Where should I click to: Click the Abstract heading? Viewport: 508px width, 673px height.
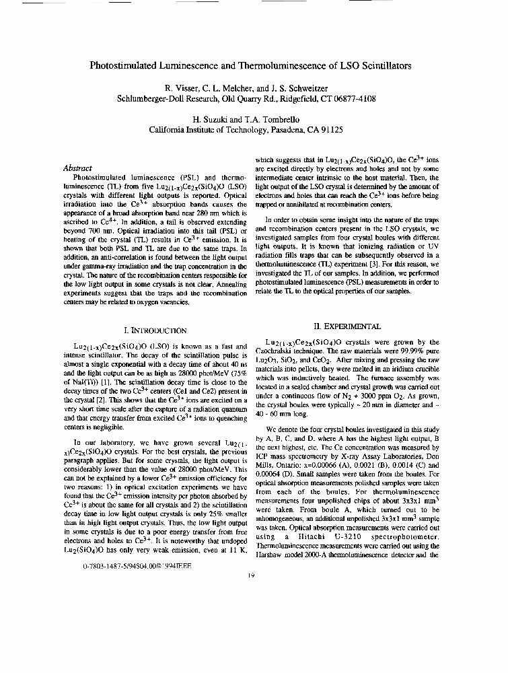(77, 168)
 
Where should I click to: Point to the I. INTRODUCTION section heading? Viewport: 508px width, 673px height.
(155, 330)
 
